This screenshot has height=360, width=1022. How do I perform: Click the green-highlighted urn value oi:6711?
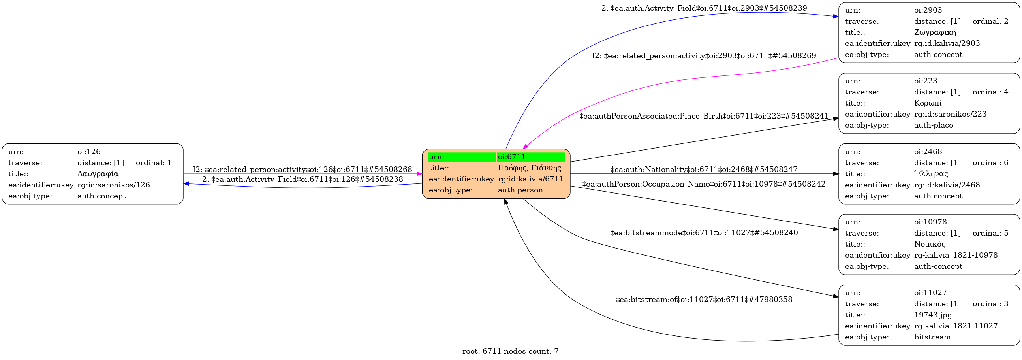[512, 157]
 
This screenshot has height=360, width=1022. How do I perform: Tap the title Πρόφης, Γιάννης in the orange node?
[529, 168]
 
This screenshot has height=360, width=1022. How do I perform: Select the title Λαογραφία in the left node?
[98, 174]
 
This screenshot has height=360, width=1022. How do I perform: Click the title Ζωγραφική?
[935, 32]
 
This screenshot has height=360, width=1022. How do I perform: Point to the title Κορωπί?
[928, 103]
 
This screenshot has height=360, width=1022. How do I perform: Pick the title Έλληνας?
[931, 174]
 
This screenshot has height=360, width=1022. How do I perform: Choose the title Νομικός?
[930, 244]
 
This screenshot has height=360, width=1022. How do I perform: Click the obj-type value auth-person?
[520, 190]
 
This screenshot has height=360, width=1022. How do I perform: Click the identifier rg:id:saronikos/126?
[113, 185]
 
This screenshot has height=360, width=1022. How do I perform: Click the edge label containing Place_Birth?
[704, 116]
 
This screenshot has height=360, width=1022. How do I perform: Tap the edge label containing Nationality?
[704, 170]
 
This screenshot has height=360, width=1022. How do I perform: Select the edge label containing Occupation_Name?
[704, 184]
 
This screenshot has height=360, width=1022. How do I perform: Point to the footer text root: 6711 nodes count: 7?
[510, 351]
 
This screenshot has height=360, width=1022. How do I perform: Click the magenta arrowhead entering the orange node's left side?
[419, 174]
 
